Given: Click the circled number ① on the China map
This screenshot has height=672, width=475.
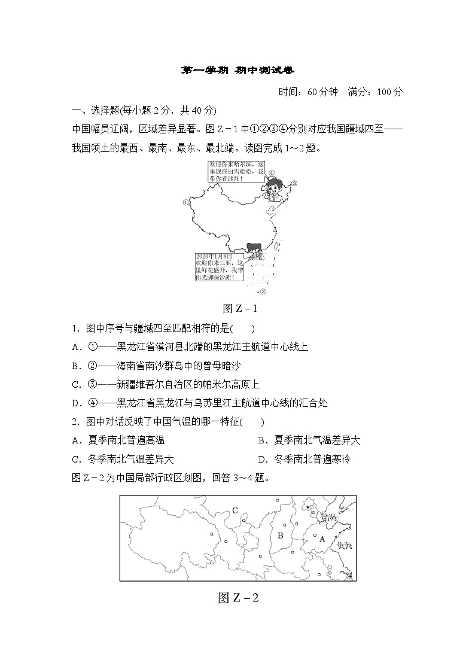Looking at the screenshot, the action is (271, 173).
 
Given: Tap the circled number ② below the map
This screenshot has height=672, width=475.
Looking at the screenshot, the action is (262, 292).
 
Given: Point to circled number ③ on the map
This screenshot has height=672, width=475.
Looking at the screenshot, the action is (294, 184).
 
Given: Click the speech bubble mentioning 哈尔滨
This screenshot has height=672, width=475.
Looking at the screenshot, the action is (236, 171).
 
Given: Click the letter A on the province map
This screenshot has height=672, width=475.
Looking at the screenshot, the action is (321, 539).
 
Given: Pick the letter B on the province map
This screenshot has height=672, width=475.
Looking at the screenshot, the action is (279, 535).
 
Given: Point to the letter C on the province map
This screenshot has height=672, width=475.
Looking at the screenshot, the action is (235, 510).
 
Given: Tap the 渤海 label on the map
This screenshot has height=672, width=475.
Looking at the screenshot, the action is (329, 516).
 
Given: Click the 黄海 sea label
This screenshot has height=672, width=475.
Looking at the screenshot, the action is (345, 546).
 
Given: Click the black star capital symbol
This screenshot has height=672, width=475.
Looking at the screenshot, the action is (308, 507).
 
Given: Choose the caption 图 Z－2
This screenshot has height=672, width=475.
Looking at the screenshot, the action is (238, 597).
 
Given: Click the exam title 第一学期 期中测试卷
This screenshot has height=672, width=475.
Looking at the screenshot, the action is (237, 70).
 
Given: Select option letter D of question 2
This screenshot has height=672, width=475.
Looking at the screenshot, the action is (261, 460).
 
